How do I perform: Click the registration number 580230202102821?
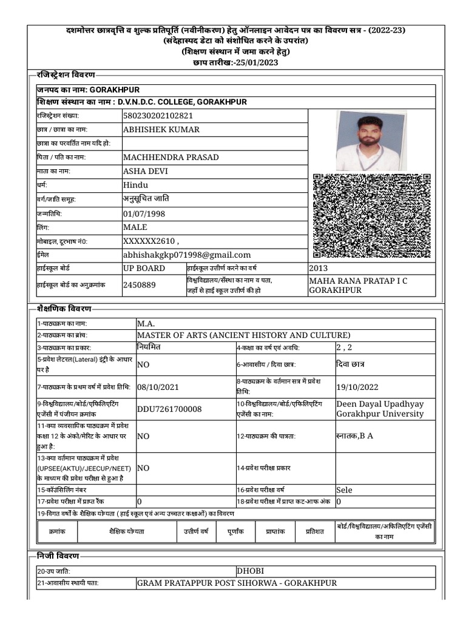point(158,116)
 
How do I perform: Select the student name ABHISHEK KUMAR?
point(161,130)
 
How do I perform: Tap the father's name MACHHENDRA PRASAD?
point(171,158)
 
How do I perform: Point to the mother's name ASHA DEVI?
point(145,172)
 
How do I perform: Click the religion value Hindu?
point(135,186)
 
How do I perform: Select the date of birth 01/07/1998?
point(144,213)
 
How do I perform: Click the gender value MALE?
point(135,227)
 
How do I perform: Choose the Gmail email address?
point(186,255)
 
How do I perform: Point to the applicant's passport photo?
point(368,141)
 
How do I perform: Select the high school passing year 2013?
point(318,268)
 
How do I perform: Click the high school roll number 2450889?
point(139,284)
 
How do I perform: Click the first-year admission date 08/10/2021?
point(158,387)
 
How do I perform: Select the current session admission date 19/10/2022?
point(357,387)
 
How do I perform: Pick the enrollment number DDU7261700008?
point(169,409)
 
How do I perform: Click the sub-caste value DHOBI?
point(250,571)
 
